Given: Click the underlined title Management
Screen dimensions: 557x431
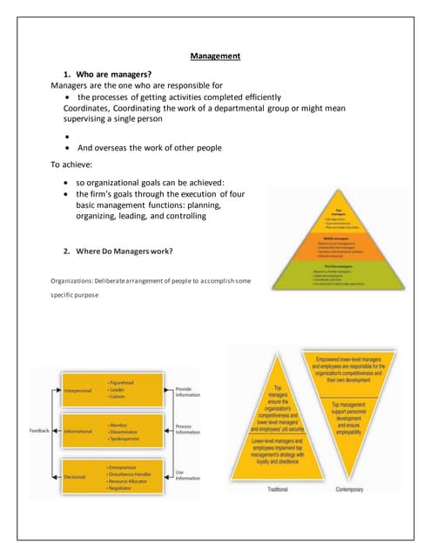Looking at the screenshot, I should tap(215, 57).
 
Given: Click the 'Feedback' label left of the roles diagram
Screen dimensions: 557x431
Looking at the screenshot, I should tap(38, 430).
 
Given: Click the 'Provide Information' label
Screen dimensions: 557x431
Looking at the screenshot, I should tap(189, 393).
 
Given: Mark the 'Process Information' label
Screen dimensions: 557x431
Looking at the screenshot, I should tap(189, 429).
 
